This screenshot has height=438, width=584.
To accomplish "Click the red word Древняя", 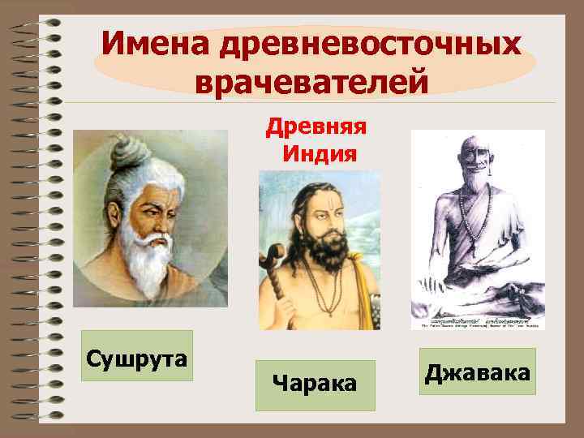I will pos(318,126).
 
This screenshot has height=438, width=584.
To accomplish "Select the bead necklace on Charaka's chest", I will pos(324,292).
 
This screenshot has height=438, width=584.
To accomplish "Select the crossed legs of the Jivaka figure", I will pos(487,300).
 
